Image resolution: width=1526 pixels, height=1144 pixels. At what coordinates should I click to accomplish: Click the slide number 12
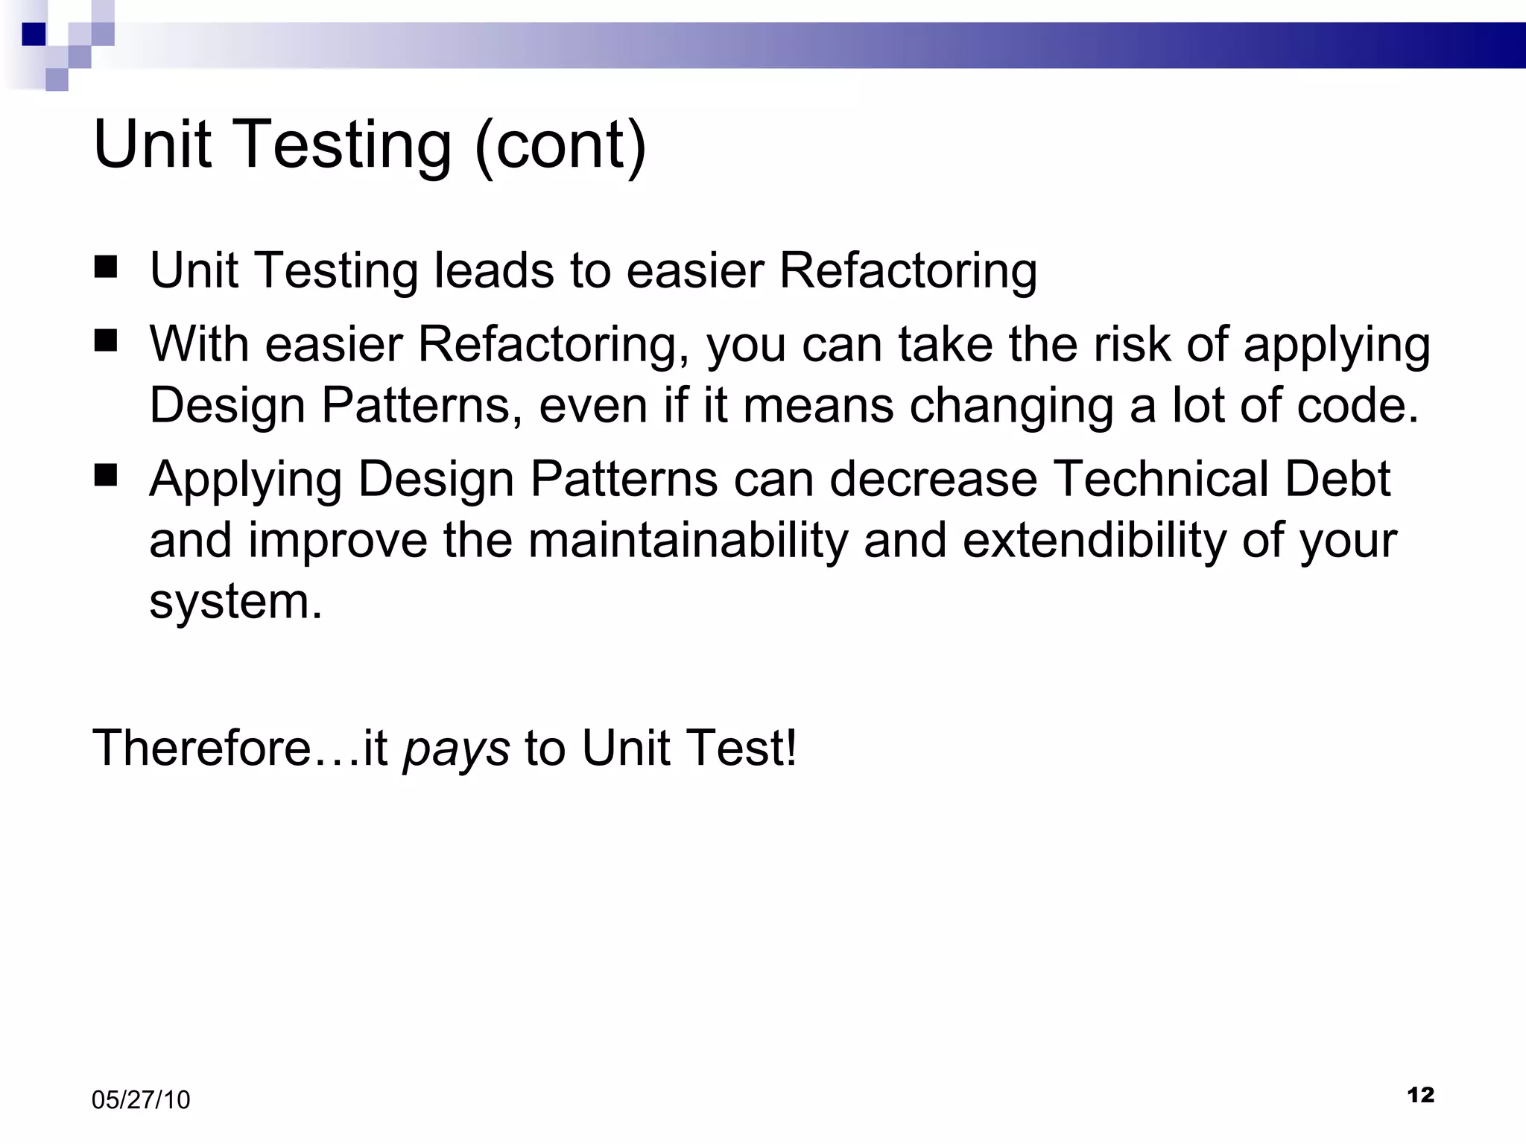click(1420, 1095)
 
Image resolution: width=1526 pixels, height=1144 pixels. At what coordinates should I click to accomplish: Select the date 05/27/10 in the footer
click(141, 1100)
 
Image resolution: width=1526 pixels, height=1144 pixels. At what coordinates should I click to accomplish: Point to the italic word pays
click(456, 749)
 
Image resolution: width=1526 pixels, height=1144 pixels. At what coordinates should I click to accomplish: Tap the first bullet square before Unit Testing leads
click(106, 267)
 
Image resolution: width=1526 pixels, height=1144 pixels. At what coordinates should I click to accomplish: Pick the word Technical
click(1162, 478)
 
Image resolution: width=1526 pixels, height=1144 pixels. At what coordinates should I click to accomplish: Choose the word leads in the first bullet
click(495, 270)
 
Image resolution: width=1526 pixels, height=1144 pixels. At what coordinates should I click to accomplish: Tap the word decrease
click(933, 478)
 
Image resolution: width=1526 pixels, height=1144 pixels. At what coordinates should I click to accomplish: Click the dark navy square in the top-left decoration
click(34, 34)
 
